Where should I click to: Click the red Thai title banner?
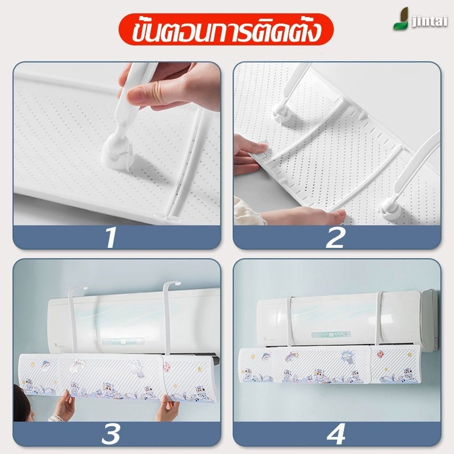click(226, 29)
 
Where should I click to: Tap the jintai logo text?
click(429, 22)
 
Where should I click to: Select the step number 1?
click(111, 238)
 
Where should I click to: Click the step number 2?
click(335, 238)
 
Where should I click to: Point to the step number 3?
click(111, 434)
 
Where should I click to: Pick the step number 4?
click(336, 434)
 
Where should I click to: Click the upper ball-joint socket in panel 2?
click(281, 114)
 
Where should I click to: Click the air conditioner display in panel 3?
click(123, 341)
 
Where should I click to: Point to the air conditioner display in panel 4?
click(331, 335)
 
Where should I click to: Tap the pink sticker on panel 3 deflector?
click(167, 367)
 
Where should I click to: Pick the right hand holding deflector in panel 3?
click(167, 407)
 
